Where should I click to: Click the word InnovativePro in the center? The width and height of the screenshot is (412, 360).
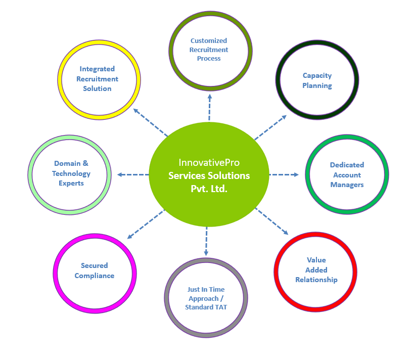tap(209, 163)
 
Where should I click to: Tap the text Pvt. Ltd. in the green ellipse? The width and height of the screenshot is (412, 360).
tap(209, 188)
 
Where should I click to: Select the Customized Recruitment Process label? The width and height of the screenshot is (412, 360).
tap(209, 50)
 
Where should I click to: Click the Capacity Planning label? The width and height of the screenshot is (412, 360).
tap(317, 81)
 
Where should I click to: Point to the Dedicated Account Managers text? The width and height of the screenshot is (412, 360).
tap(347, 175)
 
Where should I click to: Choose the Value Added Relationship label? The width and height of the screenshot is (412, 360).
tap(316, 270)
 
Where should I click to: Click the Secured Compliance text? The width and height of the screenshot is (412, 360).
tap(95, 271)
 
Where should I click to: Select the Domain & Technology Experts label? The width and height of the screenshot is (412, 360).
tap(71, 173)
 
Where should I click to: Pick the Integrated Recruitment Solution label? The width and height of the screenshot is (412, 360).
tap(98, 78)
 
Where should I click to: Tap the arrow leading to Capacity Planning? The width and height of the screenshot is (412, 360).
tap(270, 127)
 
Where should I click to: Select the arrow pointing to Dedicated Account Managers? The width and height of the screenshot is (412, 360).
tap(283, 174)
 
